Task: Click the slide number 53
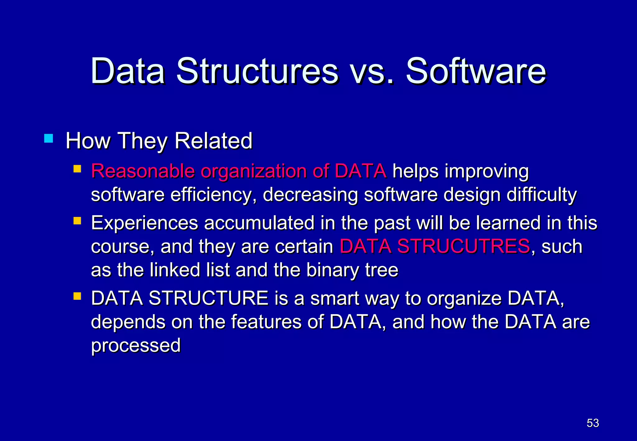point(593,423)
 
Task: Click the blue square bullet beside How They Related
point(49,138)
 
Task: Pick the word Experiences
point(145,223)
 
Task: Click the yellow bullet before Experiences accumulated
point(77,221)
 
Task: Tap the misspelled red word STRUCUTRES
point(463,246)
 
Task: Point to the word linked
point(175,270)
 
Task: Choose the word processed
point(136,346)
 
